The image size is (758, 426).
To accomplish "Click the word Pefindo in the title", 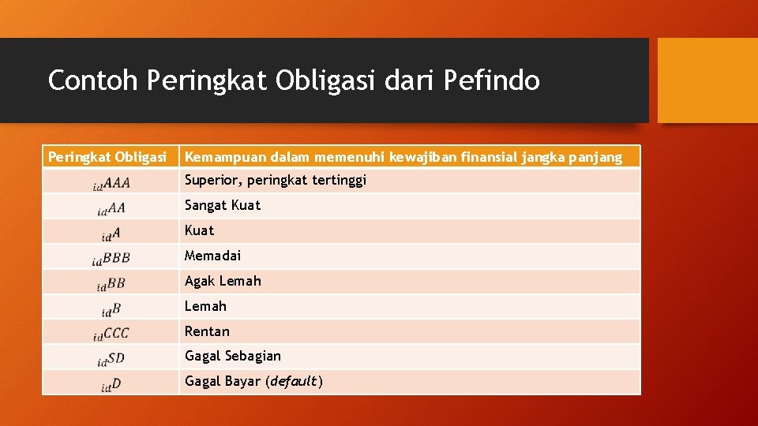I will (x=492, y=80).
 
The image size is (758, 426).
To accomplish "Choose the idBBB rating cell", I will (x=111, y=258).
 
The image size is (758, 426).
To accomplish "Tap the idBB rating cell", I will (x=111, y=283).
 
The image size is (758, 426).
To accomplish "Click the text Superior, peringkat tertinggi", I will (x=275, y=180).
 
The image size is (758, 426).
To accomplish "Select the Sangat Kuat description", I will (x=222, y=205).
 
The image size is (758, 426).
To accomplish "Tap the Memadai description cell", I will (x=212, y=256).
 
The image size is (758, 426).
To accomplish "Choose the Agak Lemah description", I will (x=223, y=281).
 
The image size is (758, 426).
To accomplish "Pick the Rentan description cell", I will (x=207, y=331).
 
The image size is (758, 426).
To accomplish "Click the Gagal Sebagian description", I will (x=232, y=356).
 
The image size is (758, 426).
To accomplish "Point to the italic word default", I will (x=293, y=382).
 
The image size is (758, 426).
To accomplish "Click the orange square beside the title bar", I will (x=707, y=80).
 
